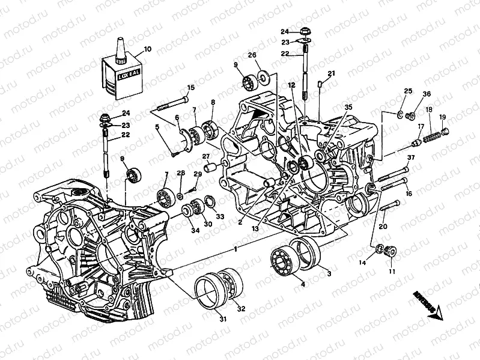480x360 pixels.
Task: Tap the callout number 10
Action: pos(147,49)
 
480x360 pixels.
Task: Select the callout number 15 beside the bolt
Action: pos(191,88)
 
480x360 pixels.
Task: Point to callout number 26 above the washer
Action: pos(252,56)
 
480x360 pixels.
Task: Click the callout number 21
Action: pos(330,74)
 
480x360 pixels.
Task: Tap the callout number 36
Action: pos(427,94)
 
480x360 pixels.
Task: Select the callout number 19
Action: pos(443,117)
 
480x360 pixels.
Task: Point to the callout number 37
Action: pos(411,158)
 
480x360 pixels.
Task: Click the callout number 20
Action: pos(382,227)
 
